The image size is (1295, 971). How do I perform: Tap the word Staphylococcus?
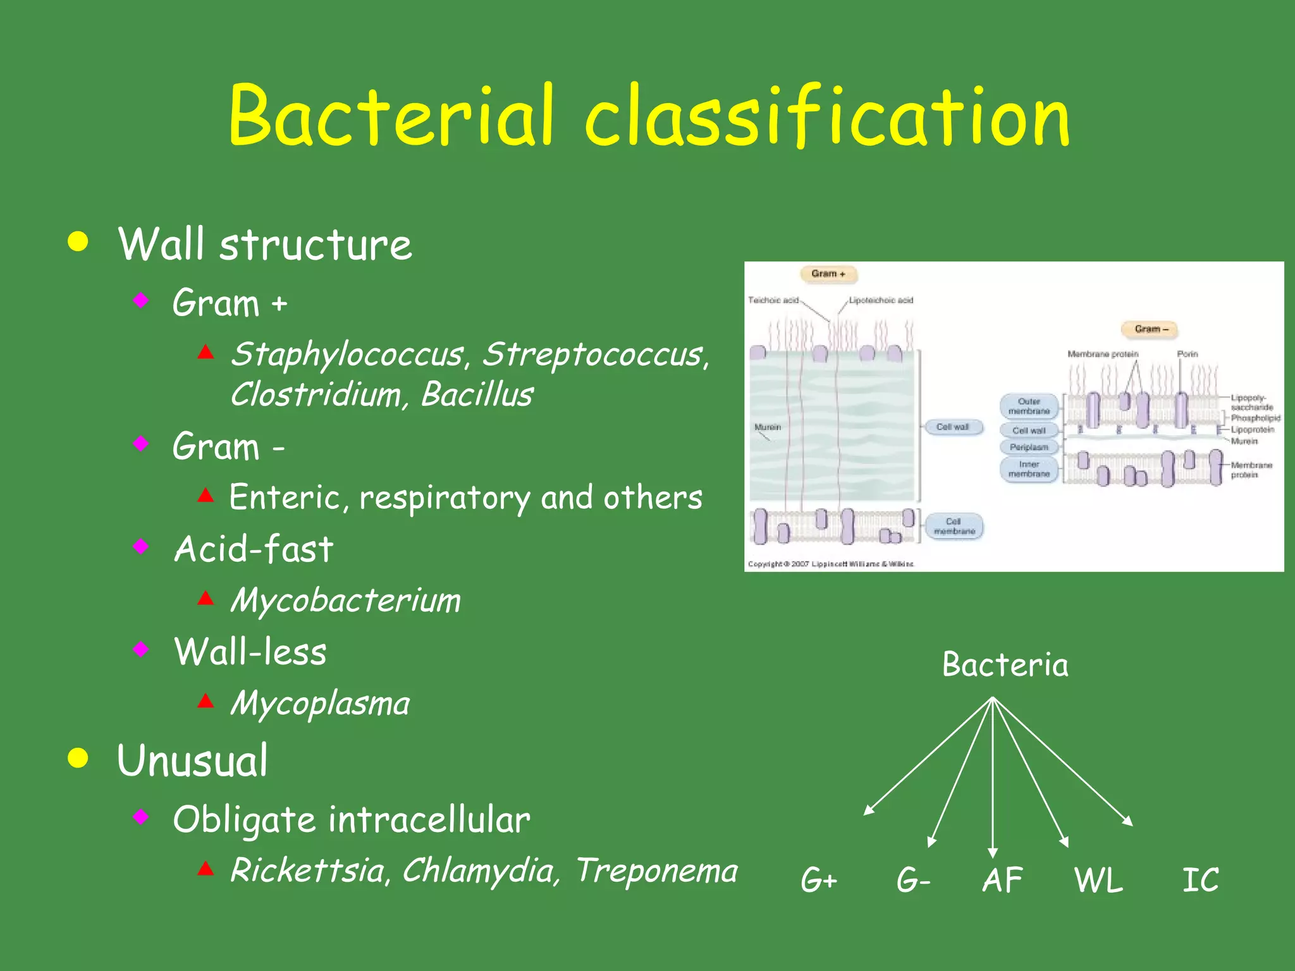347,354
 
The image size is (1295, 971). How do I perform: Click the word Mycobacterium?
345,600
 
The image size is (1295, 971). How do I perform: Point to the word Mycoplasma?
320,703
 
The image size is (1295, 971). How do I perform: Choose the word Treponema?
657,870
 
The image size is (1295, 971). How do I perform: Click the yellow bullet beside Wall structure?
78,242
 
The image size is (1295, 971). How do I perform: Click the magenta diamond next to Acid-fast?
141,546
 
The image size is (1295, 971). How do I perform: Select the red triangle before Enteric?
206,494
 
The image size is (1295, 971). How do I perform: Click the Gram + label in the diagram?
828,274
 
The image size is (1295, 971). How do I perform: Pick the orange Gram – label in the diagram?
1151,329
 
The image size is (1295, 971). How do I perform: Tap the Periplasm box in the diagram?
1029,447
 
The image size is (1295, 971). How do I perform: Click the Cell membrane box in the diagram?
954,527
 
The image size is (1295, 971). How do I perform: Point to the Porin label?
1187,354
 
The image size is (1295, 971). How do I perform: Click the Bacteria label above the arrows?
1005,665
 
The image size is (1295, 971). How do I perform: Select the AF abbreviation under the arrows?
1002,880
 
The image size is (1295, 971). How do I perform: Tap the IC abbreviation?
1200,880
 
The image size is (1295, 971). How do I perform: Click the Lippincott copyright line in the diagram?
830,564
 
